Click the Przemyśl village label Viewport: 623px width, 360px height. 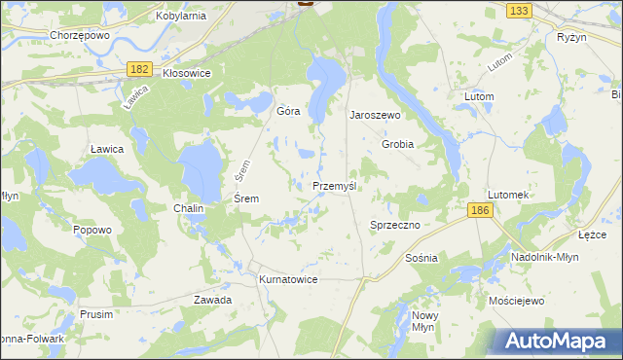[337, 186]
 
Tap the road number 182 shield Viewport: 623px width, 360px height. [139, 68]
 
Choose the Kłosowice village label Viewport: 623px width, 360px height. [186, 73]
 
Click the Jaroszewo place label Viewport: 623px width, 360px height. [376, 114]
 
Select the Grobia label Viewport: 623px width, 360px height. [397, 144]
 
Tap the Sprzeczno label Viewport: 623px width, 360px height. [394, 225]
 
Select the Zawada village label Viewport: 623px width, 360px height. [212, 300]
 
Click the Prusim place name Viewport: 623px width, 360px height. [96, 314]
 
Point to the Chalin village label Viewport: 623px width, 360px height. [188, 209]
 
